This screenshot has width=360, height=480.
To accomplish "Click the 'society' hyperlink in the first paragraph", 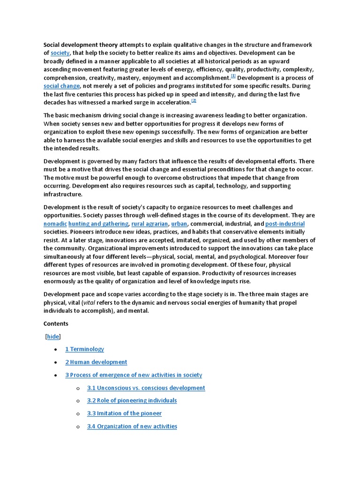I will point(60,53).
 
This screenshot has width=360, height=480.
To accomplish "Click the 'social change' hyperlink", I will point(62,86).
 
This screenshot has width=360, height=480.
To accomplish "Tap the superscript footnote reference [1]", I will point(233,76).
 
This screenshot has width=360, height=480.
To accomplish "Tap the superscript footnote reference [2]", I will point(194,101).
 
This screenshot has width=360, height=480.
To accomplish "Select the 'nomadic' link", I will point(55,224).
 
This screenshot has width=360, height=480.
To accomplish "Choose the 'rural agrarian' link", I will point(150,224).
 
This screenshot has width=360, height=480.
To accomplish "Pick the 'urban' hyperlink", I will point(179,224).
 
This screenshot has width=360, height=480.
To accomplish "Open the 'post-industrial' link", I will point(285,224).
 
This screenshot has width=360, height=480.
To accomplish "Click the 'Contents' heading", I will point(56,324).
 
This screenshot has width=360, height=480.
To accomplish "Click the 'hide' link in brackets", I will point(53,337).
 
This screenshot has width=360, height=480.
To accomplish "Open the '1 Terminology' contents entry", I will point(84,349).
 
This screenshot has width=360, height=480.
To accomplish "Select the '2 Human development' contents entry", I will point(96,362).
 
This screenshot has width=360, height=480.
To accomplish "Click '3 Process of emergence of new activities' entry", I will point(134,375).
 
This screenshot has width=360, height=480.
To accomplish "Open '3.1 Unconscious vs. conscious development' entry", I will point(146,388).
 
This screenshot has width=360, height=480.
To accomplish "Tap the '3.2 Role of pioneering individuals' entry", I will point(132,401).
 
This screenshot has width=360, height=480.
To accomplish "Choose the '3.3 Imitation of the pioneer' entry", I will point(124,413).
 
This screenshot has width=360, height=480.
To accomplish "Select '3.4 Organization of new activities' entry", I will point(132,427).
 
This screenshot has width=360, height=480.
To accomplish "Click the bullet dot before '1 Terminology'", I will point(56,350).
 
